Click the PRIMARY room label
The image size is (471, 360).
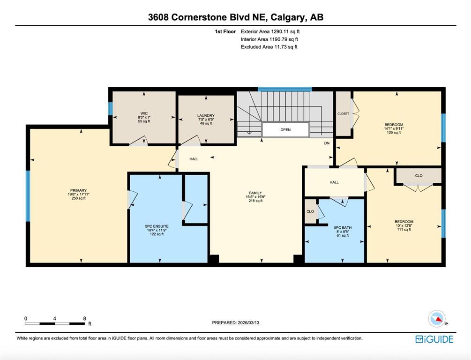click(78, 190)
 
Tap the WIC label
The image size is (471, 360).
click(144, 113)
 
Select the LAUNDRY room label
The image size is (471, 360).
click(206, 115)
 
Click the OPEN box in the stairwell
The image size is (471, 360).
click(285, 130)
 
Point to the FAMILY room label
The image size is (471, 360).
click(255, 193)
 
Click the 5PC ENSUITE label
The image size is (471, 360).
click(157, 226)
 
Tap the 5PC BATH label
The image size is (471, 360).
click(343, 228)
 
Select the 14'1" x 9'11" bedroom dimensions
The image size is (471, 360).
click(394, 128)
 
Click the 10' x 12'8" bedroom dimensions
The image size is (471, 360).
click(404, 225)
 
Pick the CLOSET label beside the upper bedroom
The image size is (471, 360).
click(344, 113)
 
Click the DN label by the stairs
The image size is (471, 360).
click(327, 143)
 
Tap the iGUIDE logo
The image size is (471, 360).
click(434, 339)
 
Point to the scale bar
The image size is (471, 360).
click(55, 323)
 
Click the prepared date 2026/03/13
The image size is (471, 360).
click(248, 323)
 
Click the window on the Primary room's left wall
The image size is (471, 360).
click(28, 196)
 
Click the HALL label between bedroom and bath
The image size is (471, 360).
click(334, 182)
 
